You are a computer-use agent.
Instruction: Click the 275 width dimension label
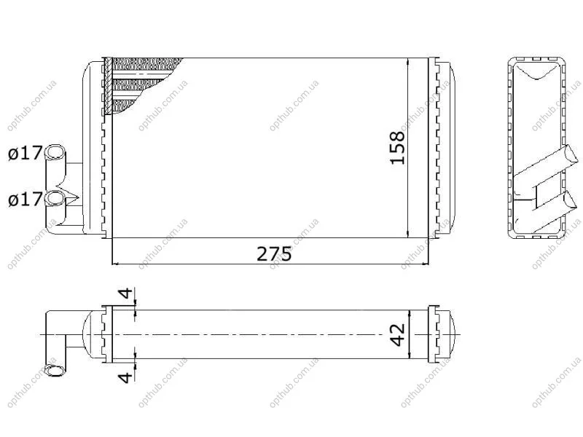pos(275,254)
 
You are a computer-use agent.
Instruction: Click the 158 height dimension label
pos(397,148)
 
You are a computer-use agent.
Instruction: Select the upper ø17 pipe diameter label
pos(25,153)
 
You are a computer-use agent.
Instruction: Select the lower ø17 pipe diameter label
pos(25,200)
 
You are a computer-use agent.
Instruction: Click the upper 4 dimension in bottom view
pos(126,294)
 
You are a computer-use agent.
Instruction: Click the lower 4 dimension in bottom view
pos(125,377)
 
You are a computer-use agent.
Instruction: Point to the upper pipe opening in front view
pos(55,152)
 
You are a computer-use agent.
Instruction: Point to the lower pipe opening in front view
pos(55,198)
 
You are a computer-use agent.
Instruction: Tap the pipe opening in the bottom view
pos(54,371)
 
